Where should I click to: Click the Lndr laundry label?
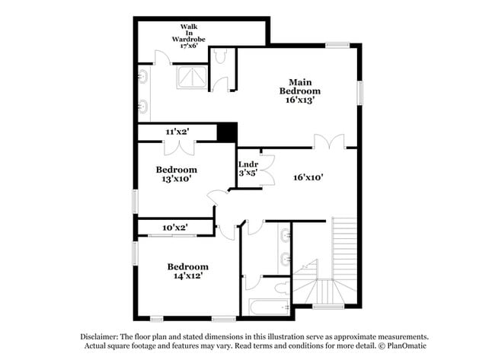247,164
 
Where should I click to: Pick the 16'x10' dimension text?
308,177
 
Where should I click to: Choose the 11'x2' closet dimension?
177,132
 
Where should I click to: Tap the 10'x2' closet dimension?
174,227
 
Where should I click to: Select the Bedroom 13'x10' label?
177,174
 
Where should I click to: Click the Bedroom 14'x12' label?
187,272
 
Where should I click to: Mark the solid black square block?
226,132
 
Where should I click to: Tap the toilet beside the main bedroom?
220,59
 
